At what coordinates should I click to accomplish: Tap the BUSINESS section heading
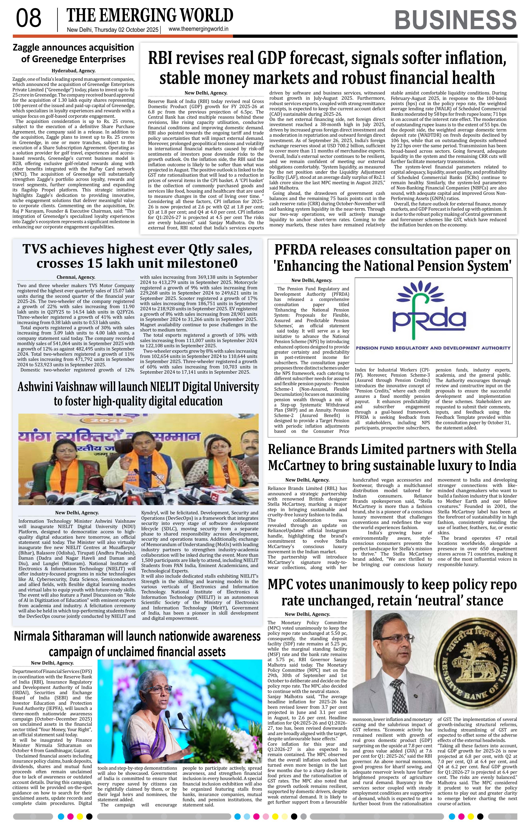pyautogui.click(x=455, y=20)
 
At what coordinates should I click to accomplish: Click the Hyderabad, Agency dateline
pyautogui.click(x=73, y=71)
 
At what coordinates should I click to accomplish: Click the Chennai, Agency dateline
pyautogui.click(x=76, y=277)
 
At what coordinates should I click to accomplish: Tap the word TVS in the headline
pyautogui.click(x=36, y=249)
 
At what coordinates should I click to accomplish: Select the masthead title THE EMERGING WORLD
pyautogui.click(x=150, y=16)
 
